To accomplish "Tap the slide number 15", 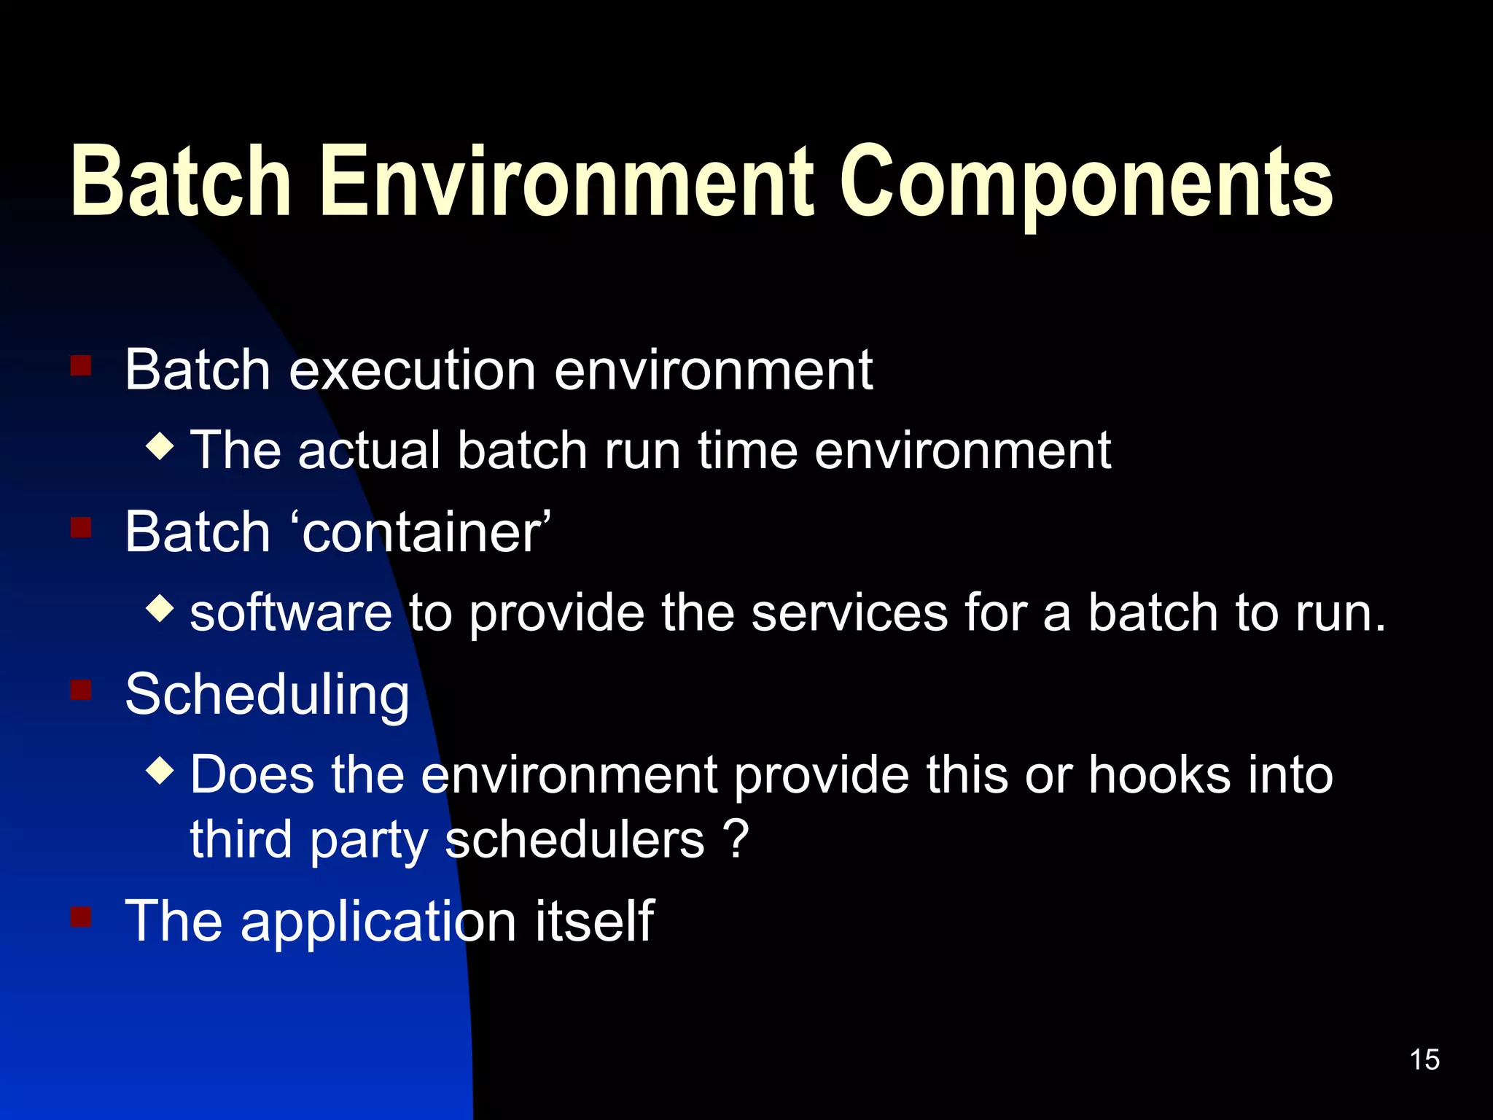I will (1424, 1059).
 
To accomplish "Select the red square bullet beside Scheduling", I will (81, 689).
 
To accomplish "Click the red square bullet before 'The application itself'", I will (81, 916).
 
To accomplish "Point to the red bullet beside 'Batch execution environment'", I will (81, 365).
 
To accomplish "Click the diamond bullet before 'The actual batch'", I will (160, 446).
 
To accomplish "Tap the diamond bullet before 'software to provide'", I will (160, 608).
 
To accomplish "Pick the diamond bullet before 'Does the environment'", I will (160, 770).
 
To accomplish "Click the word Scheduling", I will (267, 694).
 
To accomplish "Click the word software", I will (291, 612).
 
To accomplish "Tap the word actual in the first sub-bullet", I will (369, 450).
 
